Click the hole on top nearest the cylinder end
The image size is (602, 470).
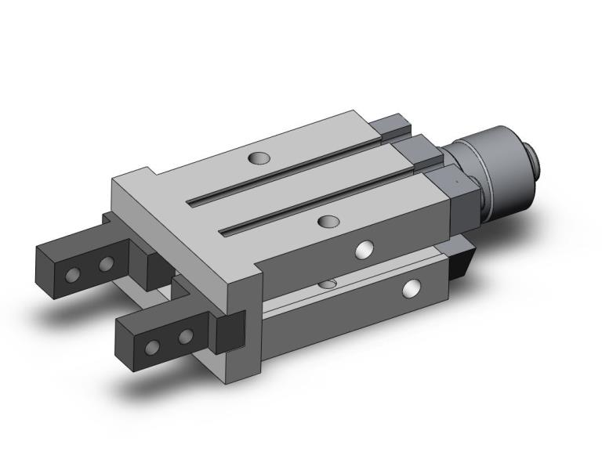(256, 158)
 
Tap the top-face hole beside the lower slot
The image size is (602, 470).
(328, 222)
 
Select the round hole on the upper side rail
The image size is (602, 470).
(364, 250)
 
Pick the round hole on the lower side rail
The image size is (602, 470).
(410, 289)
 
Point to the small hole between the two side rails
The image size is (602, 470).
(329, 282)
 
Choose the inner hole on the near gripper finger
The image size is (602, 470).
(185, 337)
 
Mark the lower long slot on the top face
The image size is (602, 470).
(321, 200)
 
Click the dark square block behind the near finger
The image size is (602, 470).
(230, 330)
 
